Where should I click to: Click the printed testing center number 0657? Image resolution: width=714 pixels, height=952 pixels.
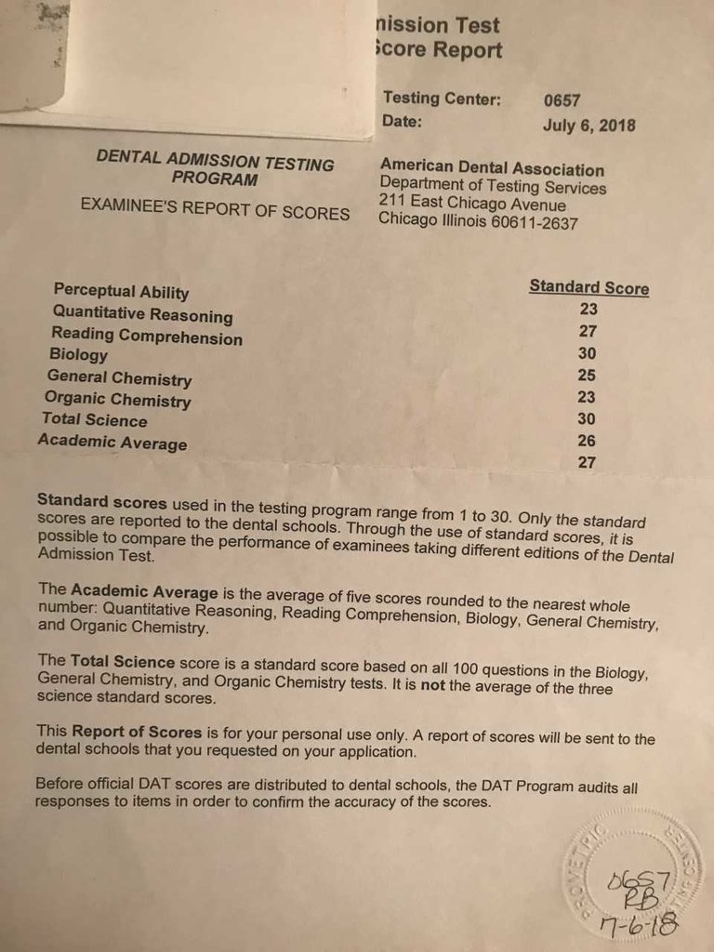coord(562,100)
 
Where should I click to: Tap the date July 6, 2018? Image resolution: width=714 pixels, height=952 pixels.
coord(589,126)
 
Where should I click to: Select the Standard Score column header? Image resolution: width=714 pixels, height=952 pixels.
coord(588,287)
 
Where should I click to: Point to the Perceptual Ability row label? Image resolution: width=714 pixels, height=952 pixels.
coord(121,293)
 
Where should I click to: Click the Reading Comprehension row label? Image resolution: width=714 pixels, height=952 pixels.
coord(146,337)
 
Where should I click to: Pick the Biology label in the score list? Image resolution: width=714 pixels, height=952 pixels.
coord(78,355)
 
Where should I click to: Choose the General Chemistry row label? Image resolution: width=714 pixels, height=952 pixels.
coord(119,379)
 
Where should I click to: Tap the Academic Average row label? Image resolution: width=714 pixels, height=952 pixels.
coord(112,443)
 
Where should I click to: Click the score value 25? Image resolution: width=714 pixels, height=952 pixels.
coord(586,376)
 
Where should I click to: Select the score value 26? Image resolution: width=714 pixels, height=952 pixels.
coord(586,441)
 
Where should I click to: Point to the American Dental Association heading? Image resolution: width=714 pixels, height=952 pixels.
coord(492,169)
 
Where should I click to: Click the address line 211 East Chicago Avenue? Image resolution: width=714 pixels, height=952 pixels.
coord(472,205)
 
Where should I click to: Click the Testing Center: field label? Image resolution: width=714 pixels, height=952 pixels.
coord(442,99)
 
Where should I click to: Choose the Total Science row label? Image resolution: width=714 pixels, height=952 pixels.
coord(94,420)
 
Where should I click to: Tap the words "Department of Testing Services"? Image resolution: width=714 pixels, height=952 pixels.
coord(493,187)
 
